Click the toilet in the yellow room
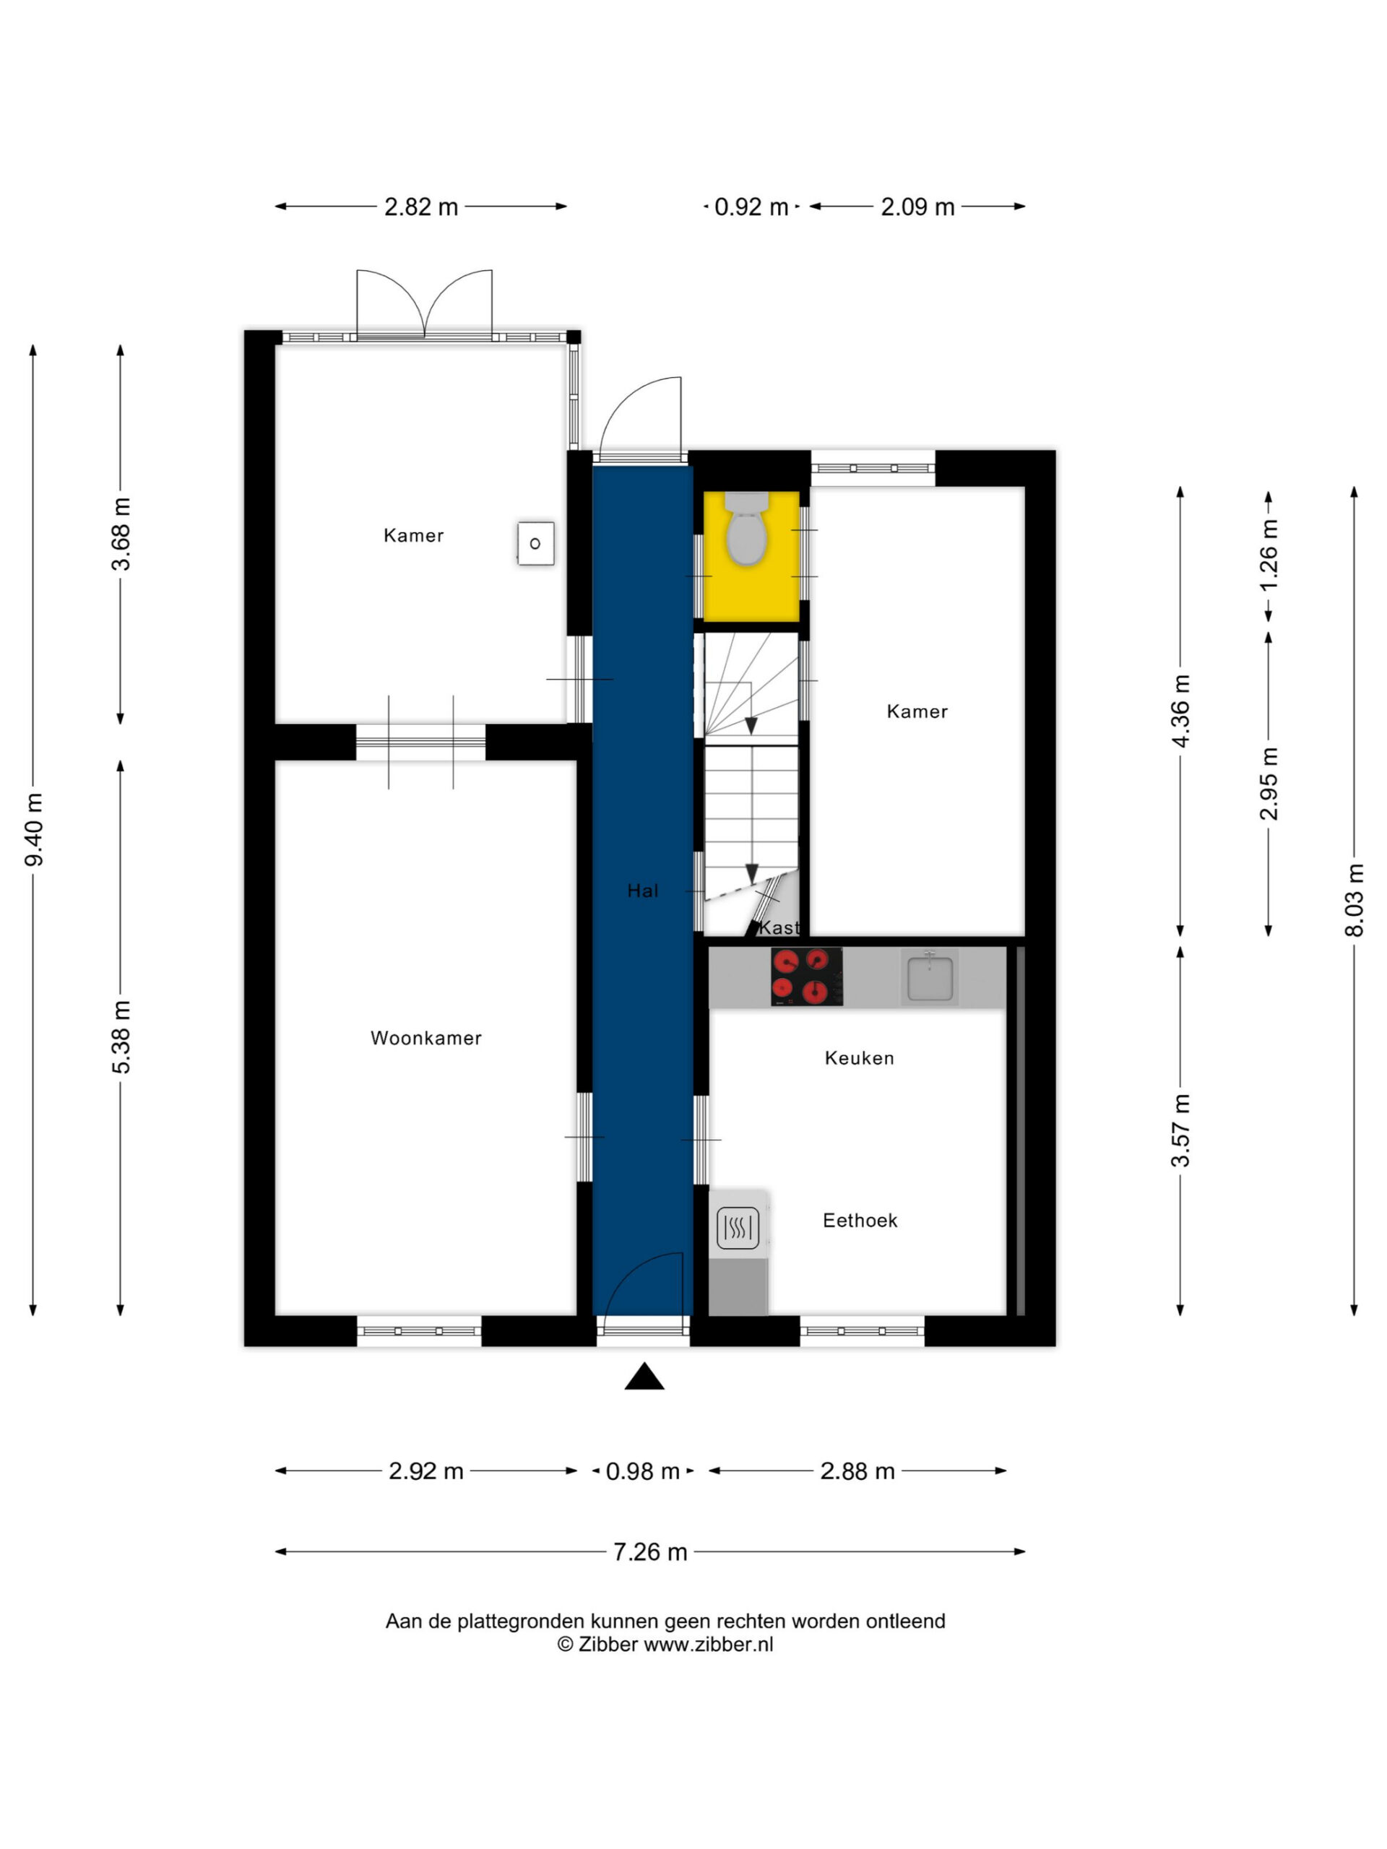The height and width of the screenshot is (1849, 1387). (746, 528)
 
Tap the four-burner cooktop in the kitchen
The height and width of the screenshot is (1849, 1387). (807, 977)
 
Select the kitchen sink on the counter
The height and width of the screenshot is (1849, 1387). (929, 977)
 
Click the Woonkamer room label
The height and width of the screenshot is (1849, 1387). (425, 1038)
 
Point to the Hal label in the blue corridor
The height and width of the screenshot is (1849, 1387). (643, 891)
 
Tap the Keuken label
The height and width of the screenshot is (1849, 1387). (860, 1058)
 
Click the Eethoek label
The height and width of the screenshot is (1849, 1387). (860, 1221)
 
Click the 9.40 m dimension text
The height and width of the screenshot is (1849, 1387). (33, 829)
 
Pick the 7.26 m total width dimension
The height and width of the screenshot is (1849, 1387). (649, 1552)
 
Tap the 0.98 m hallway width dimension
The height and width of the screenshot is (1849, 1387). (642, 1471)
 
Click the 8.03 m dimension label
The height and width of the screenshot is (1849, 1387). (1354, 899)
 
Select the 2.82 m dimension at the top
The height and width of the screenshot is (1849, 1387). (421, 207)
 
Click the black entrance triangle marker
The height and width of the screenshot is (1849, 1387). (644, 1377)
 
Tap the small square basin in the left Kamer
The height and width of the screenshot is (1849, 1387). (535, 543)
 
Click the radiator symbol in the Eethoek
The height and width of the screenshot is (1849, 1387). (738, 1229)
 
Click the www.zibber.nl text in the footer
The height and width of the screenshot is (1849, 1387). (708, 1644)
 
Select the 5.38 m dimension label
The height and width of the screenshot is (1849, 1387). (121, 1036)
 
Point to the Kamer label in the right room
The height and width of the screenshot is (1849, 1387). (917, 711)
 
